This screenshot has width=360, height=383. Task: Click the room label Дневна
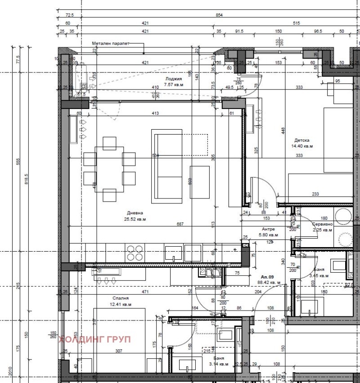pyautogui.click(x=135, y=213)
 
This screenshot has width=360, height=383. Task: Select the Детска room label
pyautogui.click(x=301, y=140)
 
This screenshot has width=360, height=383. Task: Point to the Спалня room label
pyautogui.click(x=120, y=298)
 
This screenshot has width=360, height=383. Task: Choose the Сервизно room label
pyautogui.click(x=323, y=224)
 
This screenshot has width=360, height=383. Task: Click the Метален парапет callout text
pyautogui.click(x=110, y=44)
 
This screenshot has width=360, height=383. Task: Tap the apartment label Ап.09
pyautogui.click(x=267, y=277)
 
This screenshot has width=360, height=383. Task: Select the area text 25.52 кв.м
pyautogui.click(x=135, y=219)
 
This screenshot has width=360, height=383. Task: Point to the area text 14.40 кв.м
pyautogui.click(x=301, y=146)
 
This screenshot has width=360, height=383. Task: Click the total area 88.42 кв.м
pyautogui.click(x=270, y=283)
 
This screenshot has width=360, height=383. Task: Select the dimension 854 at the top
pyautogui.click(x=219, y=15)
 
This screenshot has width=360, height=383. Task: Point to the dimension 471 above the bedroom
pyautogui.click(x=145, y=292)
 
